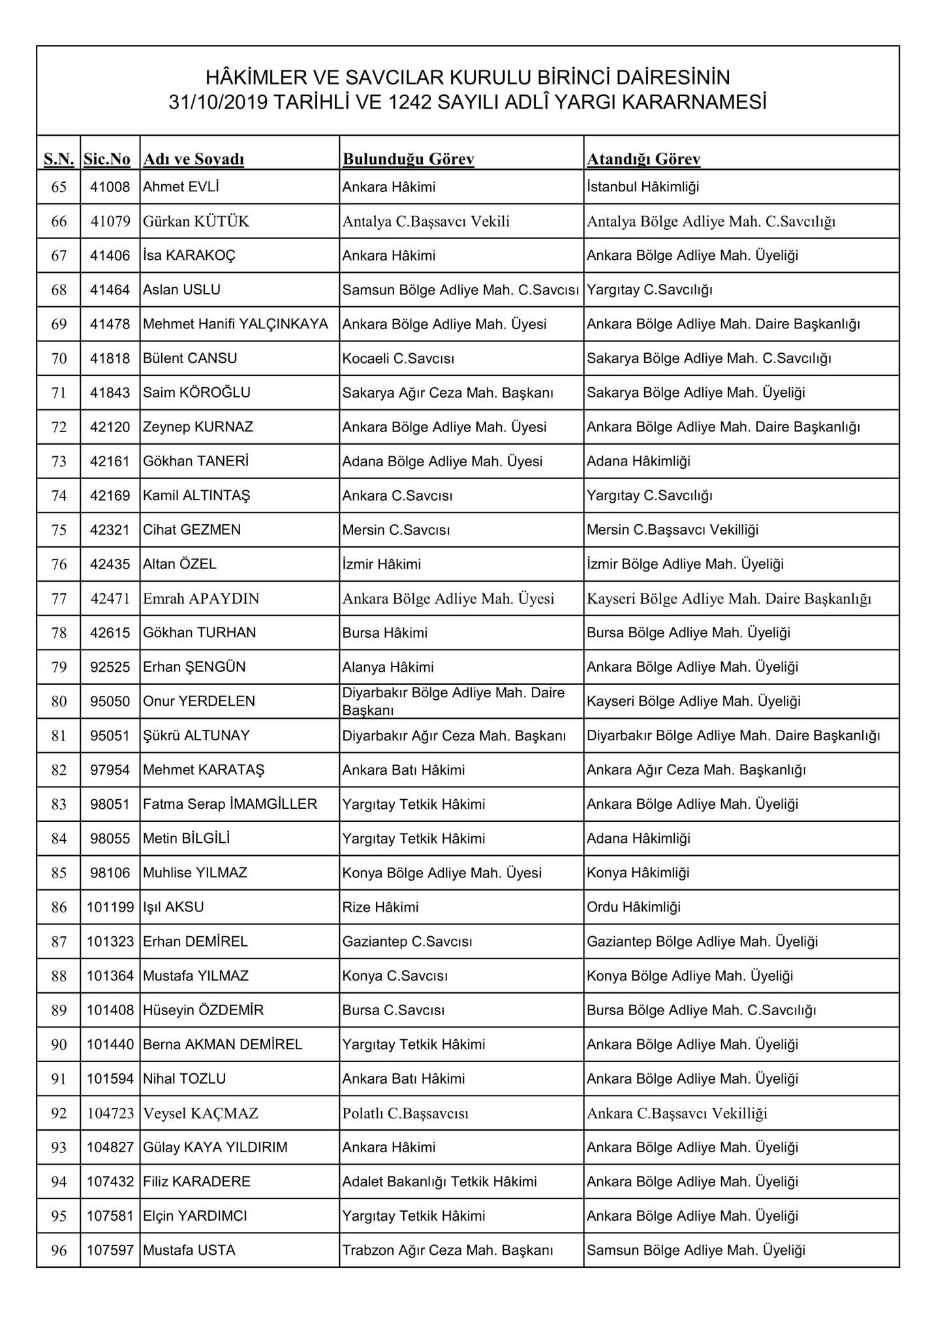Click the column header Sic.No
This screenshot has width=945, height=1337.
[107, 159]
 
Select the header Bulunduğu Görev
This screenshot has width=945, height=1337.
[408, 159]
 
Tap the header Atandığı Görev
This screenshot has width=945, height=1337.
[643, 159]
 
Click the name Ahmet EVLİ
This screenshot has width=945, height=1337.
[181, 187]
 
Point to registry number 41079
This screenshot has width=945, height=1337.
[110, 221]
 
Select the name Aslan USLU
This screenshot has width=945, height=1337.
[181, 290]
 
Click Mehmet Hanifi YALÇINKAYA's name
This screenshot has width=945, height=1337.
[236, 324]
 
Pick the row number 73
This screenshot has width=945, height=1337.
[59, 462]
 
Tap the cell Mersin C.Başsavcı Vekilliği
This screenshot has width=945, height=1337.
[672, 530]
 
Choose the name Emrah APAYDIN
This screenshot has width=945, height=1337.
[201, 599]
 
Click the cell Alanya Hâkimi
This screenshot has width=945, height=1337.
[388, 667]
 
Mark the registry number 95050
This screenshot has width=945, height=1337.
[110, 701]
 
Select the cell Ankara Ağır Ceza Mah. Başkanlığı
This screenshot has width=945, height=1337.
[696, 770]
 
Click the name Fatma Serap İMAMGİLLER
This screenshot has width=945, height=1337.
[230, 804]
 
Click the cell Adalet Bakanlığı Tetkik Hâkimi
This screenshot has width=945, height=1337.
[439, 1182]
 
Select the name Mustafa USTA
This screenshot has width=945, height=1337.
[189, 1250]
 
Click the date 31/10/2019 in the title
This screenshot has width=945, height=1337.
[218, 103]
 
